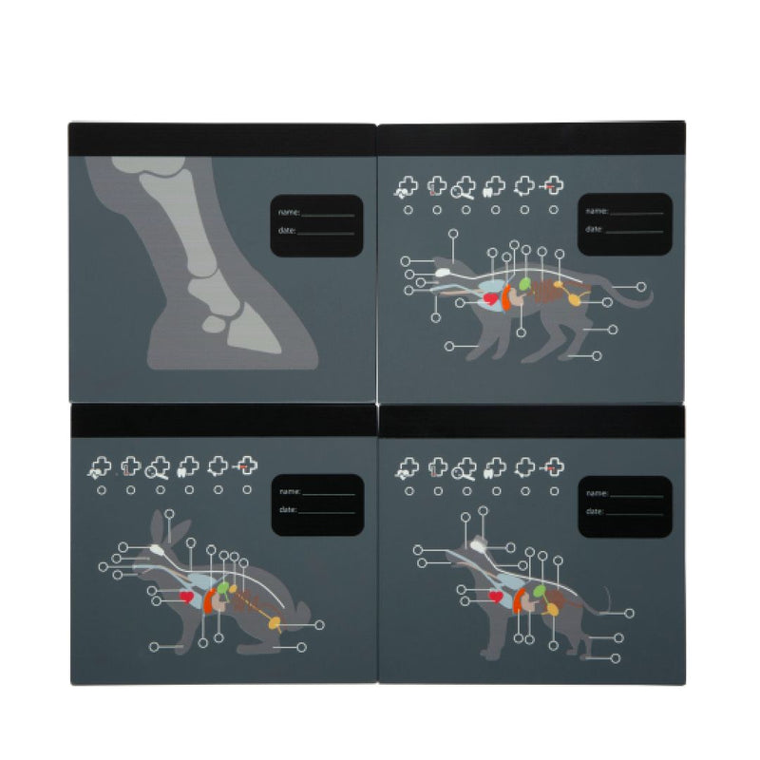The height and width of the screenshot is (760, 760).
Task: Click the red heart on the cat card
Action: (x=491, y=298)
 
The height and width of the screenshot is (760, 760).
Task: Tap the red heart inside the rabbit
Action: (x=186, y=597)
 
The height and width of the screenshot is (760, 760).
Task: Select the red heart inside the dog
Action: (x=495, y=597)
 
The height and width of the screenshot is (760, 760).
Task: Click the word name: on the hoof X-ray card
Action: (x=289, y=212)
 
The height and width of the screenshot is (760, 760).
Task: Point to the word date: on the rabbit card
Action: (x=288, y=509)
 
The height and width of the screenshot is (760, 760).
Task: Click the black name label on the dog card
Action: (x=625, y=506)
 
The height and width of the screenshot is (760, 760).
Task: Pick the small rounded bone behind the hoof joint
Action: (x=214, y=324)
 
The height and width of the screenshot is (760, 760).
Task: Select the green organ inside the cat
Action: (x=524, y=283)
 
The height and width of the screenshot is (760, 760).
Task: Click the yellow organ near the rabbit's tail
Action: (x=275, y=623)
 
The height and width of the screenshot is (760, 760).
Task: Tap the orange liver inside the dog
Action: (x=518, y=600)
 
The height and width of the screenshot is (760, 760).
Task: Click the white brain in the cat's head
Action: (x=442, y=273)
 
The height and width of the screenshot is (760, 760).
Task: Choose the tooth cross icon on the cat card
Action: (x=494, y=186)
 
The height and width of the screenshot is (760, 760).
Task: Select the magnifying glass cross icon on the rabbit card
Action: (x=158, y=467)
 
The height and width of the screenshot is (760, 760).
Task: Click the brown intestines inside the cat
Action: (x=545, y=291)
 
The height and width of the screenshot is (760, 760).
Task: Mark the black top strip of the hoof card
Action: (x=222, y=140)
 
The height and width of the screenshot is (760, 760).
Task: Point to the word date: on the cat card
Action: (x=595, y=229)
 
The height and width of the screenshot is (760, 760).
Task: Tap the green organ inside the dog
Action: (x=539, y=591)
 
